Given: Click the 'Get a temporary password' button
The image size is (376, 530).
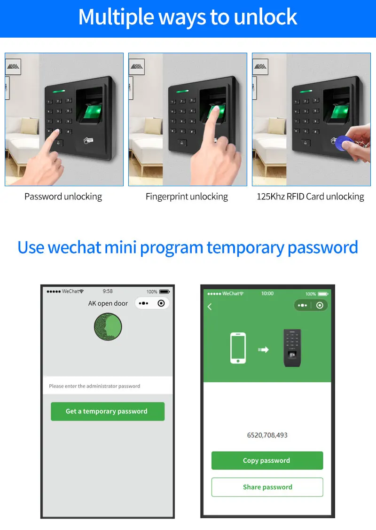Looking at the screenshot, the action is point(108,411).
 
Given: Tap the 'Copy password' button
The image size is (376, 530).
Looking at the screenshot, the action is point(267,460).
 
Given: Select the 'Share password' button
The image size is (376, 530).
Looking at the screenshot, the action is point(267,487).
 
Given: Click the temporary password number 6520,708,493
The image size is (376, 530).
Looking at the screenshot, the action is point(267,435).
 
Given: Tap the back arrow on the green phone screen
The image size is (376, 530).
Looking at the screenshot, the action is point(210,307).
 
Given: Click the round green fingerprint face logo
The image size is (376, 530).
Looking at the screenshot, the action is point(108,326).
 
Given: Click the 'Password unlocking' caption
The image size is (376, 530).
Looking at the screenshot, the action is point(63,197).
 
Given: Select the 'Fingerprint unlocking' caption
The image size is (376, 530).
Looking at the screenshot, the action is point(187,197).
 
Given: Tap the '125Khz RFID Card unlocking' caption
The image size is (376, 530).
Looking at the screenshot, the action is point(311,197).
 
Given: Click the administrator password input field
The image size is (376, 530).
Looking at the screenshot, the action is point(108,386).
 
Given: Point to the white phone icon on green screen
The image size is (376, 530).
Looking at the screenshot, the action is point(238,348).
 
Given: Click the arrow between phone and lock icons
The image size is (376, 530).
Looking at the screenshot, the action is point(264,349).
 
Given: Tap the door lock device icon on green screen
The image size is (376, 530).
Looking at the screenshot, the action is point(292,348).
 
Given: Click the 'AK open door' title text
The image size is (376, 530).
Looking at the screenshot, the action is point(108,303).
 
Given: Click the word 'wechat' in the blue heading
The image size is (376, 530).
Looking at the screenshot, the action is point(74,247).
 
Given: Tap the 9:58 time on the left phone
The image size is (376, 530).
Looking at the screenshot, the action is point(108,291).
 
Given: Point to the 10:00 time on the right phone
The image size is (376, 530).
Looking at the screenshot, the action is point(267,293).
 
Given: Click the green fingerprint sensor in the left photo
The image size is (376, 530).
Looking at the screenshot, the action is point(93,111).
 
